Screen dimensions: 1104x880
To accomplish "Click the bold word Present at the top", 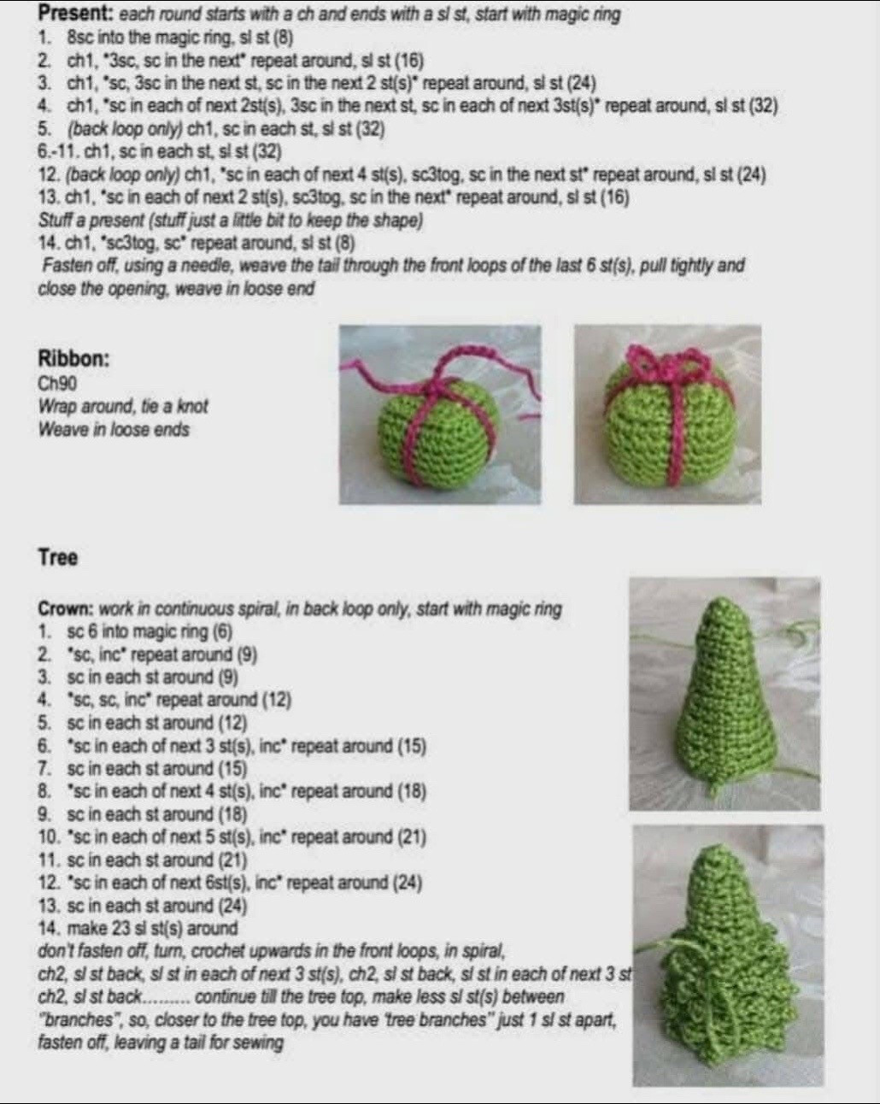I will click(x=75, y=15).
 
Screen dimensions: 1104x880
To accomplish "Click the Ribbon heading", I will click(x=73, y=359).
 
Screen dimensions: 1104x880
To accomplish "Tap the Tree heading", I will click(x=58, y=558).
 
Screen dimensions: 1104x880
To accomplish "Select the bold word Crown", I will click(x=66, y=609).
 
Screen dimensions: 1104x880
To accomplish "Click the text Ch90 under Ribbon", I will click(x=57, y=385).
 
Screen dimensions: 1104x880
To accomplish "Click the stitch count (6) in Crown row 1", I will click(x=221, y=632).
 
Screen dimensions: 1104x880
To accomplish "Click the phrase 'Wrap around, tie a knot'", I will click(x=123, y=407).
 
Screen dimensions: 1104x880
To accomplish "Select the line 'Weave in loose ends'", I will click(x=114, y=429).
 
